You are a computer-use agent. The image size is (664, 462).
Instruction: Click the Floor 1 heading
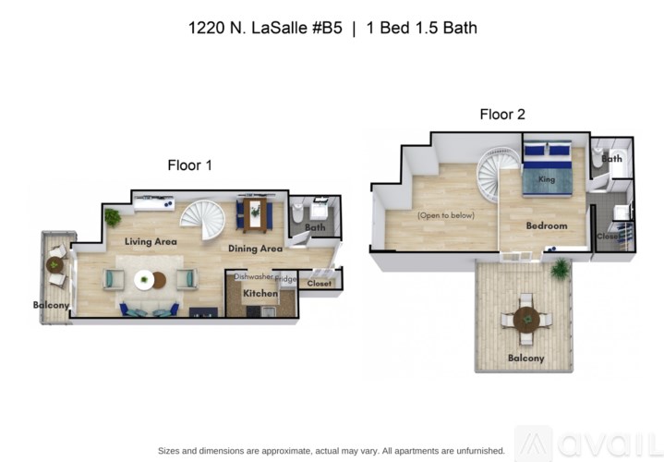(189, 165)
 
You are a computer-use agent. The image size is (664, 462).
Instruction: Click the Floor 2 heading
(501, 115)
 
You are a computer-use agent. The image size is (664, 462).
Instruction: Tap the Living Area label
(151, 241)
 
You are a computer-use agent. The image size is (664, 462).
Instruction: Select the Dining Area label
(256, 248)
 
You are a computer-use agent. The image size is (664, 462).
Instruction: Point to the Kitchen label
(260, 294)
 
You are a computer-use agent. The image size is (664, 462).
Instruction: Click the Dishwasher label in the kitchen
(252, 276)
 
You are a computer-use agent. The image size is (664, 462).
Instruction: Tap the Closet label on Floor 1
(320, 284)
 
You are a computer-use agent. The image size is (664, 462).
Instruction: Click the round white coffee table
(148, 279)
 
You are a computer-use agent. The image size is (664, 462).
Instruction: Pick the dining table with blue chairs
(255, 215)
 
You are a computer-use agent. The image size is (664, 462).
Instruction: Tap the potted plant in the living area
(112, 218)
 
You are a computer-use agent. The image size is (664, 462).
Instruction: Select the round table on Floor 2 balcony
(526, 320)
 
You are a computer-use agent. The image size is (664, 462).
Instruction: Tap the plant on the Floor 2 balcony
(560, 270)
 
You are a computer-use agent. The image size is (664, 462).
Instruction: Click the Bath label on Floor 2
(611, 158)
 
